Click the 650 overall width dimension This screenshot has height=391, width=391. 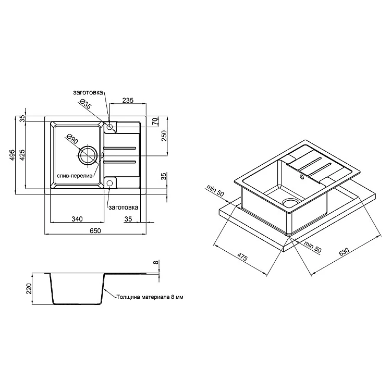95,230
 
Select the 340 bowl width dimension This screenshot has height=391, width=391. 77,219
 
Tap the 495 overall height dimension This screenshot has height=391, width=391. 12,155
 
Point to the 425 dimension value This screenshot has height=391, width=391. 22,155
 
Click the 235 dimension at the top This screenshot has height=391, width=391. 128,100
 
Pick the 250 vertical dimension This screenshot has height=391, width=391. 164,136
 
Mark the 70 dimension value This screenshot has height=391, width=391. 155,121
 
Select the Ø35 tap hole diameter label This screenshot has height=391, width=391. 86,104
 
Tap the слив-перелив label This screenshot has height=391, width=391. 75,176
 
